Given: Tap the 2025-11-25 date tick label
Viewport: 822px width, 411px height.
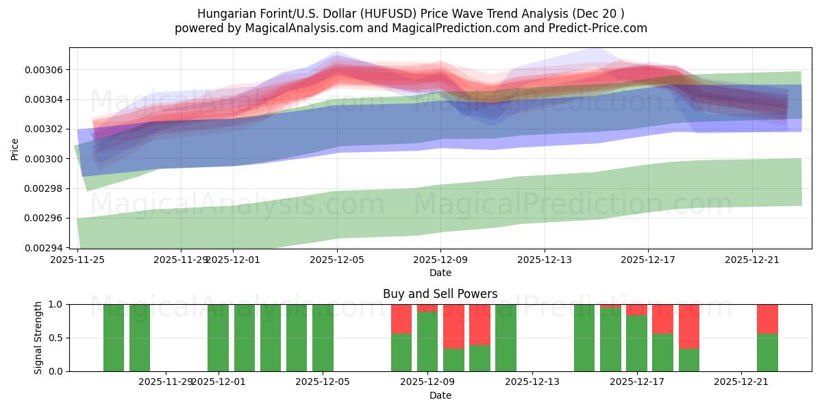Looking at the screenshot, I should (77, 260).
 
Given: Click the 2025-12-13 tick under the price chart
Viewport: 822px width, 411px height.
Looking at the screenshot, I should (545, 260).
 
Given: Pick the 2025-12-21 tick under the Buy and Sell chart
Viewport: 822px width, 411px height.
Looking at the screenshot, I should (741, 382).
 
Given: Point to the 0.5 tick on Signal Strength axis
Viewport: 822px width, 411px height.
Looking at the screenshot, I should (56, 338).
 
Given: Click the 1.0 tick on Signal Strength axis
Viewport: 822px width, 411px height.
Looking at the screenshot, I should (56, 304).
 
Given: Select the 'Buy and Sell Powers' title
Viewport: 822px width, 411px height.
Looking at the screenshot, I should (440, 294).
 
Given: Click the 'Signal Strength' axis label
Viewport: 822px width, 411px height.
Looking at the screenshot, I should (38, 338).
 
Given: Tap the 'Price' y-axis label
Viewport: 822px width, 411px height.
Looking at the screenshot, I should (15, 148).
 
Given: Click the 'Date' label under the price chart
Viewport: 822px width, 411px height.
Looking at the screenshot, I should (440, 273).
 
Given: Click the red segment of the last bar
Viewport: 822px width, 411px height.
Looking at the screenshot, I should (767, 319).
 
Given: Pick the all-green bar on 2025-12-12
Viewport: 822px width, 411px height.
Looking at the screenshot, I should (506, 338).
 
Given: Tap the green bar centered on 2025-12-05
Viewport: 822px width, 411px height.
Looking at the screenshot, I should (323, 338).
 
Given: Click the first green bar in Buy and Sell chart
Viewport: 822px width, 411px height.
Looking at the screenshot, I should (114, 338).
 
